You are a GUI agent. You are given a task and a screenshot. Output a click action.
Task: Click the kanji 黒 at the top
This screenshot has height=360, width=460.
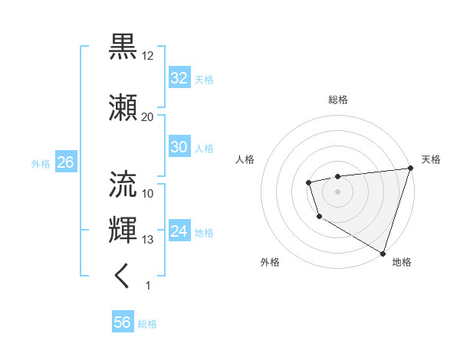click(x=123, y=46)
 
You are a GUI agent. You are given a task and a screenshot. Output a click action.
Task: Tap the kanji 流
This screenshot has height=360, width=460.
click(x=123, y=183)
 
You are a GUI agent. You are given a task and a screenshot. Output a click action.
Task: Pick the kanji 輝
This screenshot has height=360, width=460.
click(x=123, y=229)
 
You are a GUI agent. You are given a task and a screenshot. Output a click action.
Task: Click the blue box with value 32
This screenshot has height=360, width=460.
click(x=179, y=78)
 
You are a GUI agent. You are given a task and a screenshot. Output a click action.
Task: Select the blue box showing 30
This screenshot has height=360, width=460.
click(x=179, y=147)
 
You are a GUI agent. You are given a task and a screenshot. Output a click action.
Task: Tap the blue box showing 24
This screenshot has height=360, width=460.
click(x=179, y=231)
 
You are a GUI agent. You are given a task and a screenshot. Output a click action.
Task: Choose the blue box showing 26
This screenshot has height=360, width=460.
click(x=65, y=163)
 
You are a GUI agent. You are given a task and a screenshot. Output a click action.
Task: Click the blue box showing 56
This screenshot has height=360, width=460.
click(x=122, y=322)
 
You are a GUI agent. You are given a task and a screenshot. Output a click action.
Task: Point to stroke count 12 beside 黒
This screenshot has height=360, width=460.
click(x=148, y=56)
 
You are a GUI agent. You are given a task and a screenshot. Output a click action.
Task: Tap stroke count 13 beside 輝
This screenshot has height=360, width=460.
click(x=148, y=240)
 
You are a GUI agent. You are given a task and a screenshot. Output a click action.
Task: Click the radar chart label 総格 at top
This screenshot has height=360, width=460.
click(x=338, y=100)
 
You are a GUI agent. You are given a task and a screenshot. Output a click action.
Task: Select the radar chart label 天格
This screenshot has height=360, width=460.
click(x=431, y=159)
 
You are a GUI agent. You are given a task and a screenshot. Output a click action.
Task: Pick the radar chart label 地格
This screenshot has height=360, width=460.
click(x=402, y=262)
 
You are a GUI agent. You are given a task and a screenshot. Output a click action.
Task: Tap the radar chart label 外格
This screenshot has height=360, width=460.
click(x=270, y=262)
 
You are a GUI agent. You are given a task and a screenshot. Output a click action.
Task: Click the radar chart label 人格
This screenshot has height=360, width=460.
click(x=245, y=159)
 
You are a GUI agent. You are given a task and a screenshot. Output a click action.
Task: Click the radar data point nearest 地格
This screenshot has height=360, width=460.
click(x=383, y=252)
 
